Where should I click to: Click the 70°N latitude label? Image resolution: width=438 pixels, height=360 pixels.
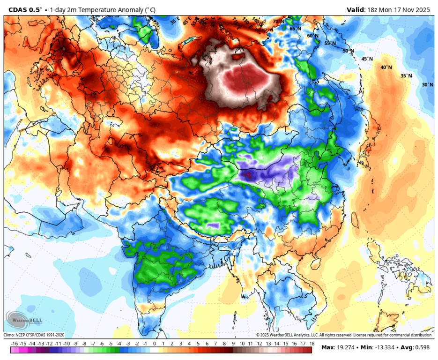click(x=279, y=22)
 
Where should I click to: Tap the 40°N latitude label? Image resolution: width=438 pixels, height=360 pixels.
click(x=386, y=67)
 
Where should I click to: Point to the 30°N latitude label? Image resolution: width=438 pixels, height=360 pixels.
click(x=427, y=85)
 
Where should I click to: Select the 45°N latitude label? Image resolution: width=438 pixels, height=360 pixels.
click(x=367, y=59)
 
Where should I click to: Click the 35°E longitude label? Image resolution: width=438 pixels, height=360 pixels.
click(x=174, y=21)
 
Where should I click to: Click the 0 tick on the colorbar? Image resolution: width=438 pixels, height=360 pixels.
click(x=154, y=343)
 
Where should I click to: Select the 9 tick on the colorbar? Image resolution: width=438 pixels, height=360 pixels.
click(x=233, y=343)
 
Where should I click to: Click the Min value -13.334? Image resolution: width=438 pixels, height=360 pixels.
click(x=385, y=347)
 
